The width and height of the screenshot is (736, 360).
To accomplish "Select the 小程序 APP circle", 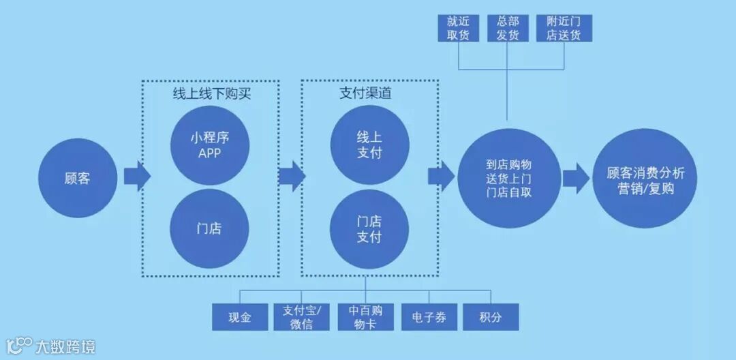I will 210,145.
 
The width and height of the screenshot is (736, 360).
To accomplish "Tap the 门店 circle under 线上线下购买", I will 210,228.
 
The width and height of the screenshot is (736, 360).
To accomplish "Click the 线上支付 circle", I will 369,145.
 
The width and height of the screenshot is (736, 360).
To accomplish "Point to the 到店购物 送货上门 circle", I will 509,177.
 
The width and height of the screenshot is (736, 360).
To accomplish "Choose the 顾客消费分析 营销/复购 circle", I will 645,179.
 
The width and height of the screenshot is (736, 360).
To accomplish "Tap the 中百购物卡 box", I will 365,317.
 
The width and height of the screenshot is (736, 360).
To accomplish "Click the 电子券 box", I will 429,317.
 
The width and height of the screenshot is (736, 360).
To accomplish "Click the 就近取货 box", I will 458,28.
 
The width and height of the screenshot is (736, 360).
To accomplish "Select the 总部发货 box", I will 508,28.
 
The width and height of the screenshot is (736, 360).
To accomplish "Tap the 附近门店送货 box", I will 564,28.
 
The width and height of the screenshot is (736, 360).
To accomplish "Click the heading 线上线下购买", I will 211,93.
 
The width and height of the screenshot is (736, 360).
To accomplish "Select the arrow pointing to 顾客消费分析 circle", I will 576,179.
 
